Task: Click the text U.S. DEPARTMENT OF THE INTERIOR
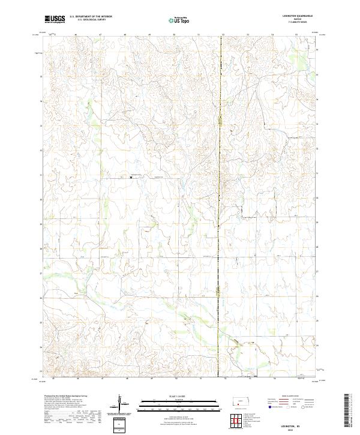pyautogui.click(x=91, y=17)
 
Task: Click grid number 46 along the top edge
pyautogui.click(x=76, y=35)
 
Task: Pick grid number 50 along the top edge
pyautogui.click(x=174, y=35)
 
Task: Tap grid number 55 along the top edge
pyautogui.click(x=296, y=35)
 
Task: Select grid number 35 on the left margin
pyautogui.click(x=41, y=77)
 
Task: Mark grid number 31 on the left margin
pyautogui.click(x=41, y=175)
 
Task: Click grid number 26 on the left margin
pyautogui.click(x=41, y=298)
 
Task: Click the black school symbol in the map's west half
pyautogui.click(x=130, y=177)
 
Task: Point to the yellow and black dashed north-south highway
pyautogui.click(x=218, y=240)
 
